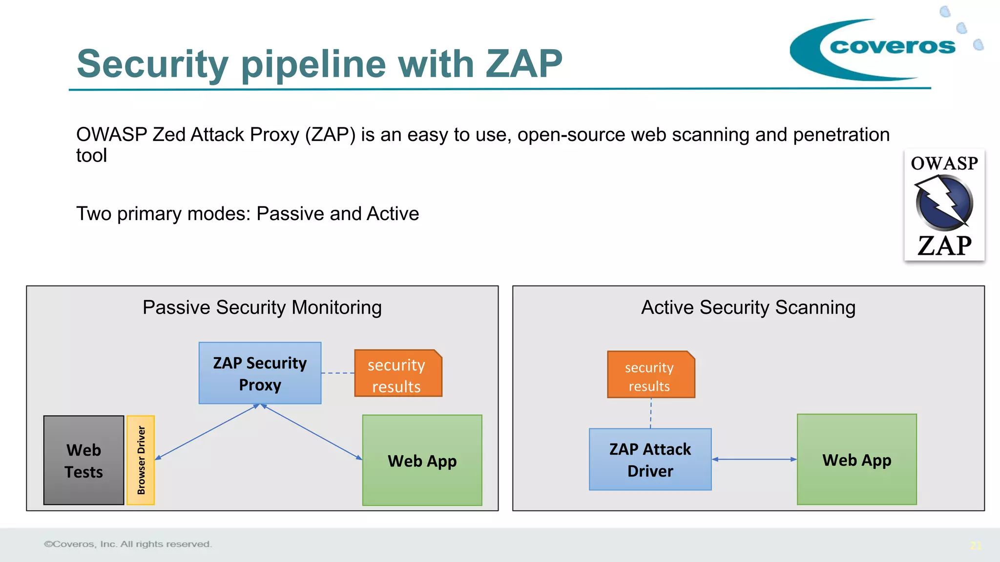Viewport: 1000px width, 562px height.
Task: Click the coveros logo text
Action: click(x=892, y=46)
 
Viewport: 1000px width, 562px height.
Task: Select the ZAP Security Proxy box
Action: click(x=260, y=373)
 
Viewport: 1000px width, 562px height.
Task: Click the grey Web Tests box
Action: click(x=83, y=460)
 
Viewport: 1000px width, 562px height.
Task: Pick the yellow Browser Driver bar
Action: click(x=141, y=460)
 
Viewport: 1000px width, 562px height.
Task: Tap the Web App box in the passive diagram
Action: click(x=422, y=460)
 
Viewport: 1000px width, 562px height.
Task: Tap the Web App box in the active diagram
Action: click(x=856, y=459)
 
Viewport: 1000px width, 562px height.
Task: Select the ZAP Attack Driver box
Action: click(x=650, y=459)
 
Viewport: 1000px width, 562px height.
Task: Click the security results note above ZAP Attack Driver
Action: click(x=650, y=376)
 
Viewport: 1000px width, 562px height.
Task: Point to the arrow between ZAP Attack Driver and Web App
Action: click(x=754, y=459)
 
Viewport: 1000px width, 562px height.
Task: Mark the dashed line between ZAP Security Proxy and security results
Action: click(x=338, y=373)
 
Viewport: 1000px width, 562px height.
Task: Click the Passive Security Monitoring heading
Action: click(x=262, y=307)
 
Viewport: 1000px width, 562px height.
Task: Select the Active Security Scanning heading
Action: click(x=748, y=307)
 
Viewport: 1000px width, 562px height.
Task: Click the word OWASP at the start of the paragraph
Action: click(x=112, y=135)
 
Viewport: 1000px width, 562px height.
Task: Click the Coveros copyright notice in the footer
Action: click(x=128, y=544)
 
